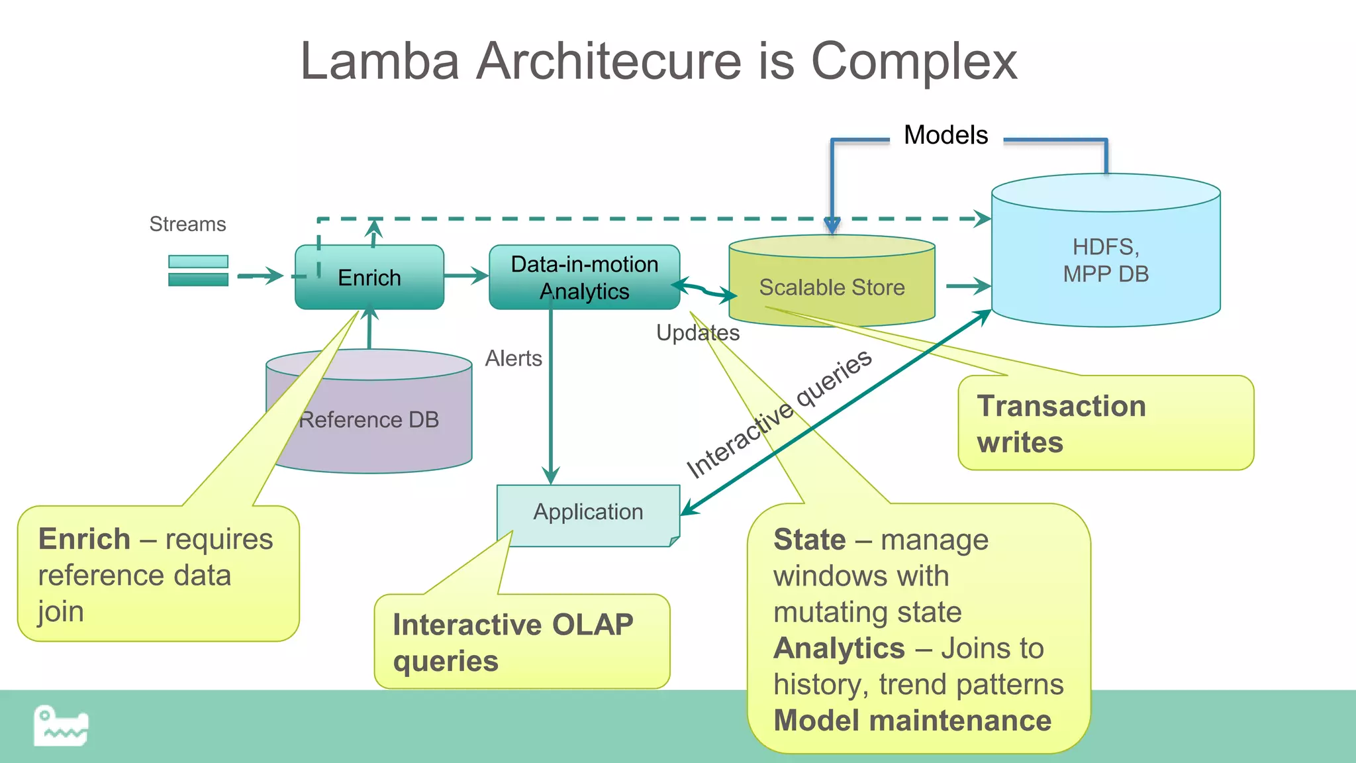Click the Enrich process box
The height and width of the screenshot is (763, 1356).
[x=369, y=277]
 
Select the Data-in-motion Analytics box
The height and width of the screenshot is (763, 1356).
[x=584, y=277]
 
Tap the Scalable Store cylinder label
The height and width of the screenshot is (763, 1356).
[x=832, y=287]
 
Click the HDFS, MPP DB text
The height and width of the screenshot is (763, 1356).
[x=1106, y=260]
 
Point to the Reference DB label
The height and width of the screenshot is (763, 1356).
[x=369, y=420]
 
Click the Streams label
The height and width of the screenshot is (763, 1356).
[x=187, y=224]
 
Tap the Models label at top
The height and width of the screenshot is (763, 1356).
[x=945, y=135]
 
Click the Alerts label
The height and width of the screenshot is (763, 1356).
[x=513, y=358]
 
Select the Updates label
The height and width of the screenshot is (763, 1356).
[x=698, y=332]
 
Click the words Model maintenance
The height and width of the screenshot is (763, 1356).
[x=912, y=721]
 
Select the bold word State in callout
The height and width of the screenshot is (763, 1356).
[x=809, y=540]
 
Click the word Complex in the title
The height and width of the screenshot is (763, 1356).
[x=914, y=61]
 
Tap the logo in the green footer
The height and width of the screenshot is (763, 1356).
[x=61, y=726]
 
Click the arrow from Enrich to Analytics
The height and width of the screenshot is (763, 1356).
[x=466, y=276]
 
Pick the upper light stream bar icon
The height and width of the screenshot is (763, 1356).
[x=198, y=262]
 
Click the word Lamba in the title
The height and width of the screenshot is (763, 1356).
[x=379, y=61]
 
